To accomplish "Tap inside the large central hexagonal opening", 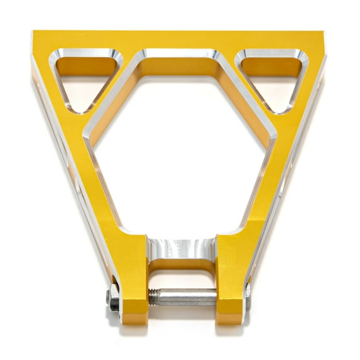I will (x=180, y=151).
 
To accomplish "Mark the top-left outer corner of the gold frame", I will (x=33, y=31).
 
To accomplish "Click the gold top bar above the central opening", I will (x=180, y=40).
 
